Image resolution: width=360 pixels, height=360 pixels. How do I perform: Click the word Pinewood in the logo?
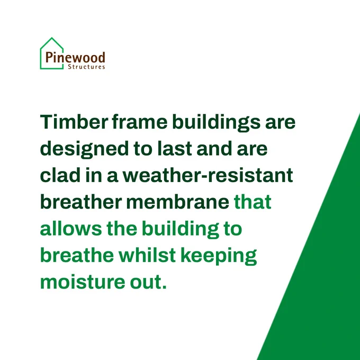pyautogui.click(x=75, y=57)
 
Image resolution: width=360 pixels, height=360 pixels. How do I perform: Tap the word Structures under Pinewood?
pyautogui.click(x=86, y=67)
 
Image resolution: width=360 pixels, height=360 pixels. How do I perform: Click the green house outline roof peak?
pyautogui.click(x=52, y=38)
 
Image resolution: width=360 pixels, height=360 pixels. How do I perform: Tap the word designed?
pyautogui.click(x=84, y=149)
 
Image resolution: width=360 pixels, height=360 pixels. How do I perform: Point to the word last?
pyautogui.click(x=175, y=148)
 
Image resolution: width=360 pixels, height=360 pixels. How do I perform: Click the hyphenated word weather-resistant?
pyautogui.click(x=208, y=175)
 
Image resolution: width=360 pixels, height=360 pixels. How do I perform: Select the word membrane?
pyautogui.click(x=177, y=202)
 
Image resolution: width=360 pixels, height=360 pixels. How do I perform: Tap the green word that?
pyautogui.click(x=253, y=202)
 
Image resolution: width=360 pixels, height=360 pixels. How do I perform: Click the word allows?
pyautogui.click(x=71, y=228)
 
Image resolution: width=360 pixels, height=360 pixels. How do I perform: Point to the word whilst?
pyautogui.click(x=147, y=255)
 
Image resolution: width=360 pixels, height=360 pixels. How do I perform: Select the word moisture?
pyautogui.click(x=83, y=282)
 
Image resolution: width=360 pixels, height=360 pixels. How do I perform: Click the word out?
pyautogui.click(x=146, y=282)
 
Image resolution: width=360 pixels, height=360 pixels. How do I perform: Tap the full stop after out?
pyautogui.click(x=164, y=287)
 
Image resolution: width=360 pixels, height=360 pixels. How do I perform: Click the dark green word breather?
pyautogui.click(x=81, y=202)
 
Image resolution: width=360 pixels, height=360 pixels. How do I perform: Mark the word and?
pyautogui.click(x=214, y=148)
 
